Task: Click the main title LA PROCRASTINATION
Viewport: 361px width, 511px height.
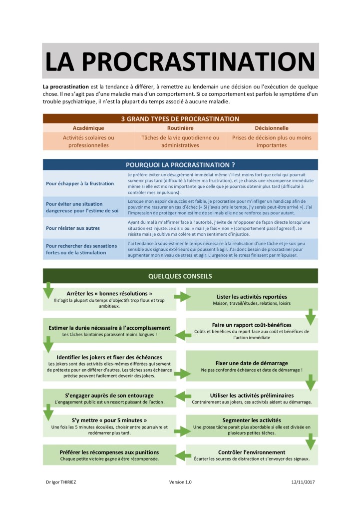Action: pos(180,61)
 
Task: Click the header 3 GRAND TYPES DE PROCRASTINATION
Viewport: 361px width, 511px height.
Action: pos(180,119)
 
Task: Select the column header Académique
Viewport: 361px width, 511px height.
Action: pos(88,128)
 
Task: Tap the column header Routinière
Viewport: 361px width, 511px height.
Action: pos(180,128)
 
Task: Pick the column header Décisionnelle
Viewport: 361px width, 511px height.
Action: pos(272,128)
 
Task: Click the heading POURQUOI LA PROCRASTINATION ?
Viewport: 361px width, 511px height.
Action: pos(180,164)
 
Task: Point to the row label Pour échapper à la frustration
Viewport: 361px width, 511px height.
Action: pos(80,183)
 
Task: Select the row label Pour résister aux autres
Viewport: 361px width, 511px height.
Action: pos(73,228)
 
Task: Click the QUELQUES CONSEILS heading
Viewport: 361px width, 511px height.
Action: pos(180,276)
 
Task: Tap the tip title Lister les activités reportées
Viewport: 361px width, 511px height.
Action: pos(252,296)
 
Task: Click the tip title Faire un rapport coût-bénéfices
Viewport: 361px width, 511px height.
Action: pos(252,324)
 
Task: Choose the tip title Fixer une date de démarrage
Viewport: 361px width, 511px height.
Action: pos(252,363)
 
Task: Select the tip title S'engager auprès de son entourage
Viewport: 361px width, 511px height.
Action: pos(109,395)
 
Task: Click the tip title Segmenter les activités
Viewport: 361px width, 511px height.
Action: pos(252,420)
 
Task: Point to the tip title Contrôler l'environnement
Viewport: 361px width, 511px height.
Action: pos(252,452)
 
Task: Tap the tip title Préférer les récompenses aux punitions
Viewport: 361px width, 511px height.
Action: pos(109,452)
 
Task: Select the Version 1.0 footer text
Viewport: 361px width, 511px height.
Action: pos(180,482)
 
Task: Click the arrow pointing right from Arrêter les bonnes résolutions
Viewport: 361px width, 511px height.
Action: pos(181,298)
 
